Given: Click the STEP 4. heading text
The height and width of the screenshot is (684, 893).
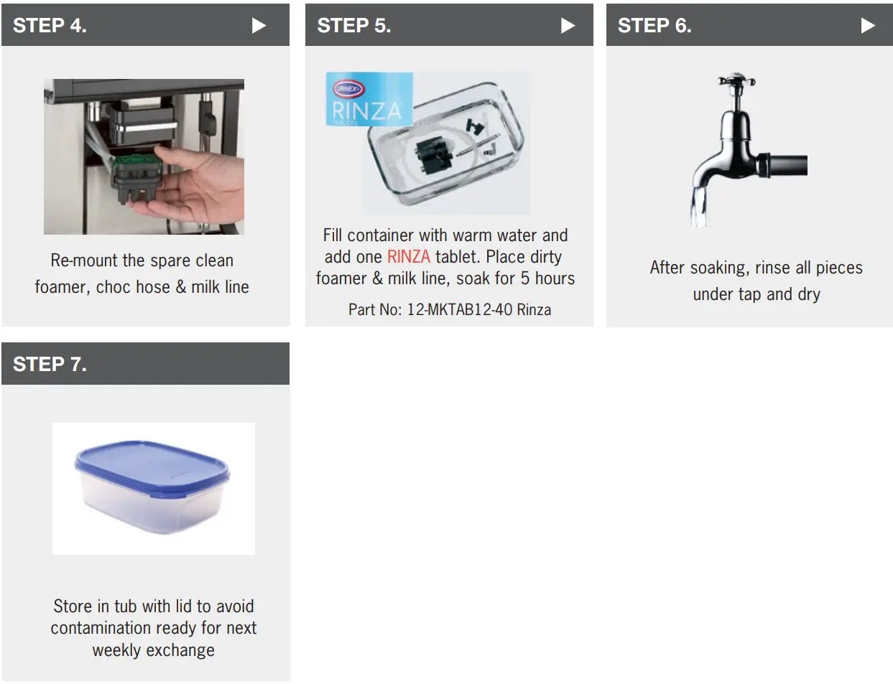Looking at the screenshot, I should [50, 26].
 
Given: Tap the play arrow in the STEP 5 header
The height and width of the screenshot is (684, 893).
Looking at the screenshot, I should [568, 26].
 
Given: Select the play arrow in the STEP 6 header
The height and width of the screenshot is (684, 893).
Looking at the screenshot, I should [868, 26].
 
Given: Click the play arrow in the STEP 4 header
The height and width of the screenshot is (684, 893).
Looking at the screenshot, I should [259, 26].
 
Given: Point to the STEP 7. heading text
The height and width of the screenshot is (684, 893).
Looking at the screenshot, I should [50, 365].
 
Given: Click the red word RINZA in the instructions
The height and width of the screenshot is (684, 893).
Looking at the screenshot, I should [408, 257].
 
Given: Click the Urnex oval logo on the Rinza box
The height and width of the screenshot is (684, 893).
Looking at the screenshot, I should [348, 89].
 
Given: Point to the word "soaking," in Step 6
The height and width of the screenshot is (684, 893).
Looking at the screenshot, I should [718, 268].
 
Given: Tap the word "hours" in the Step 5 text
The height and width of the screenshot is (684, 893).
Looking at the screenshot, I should [555, 278].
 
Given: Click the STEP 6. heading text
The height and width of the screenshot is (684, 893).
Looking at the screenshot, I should [654, 26].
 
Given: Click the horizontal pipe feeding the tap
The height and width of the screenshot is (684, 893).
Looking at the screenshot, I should [787, 164].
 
